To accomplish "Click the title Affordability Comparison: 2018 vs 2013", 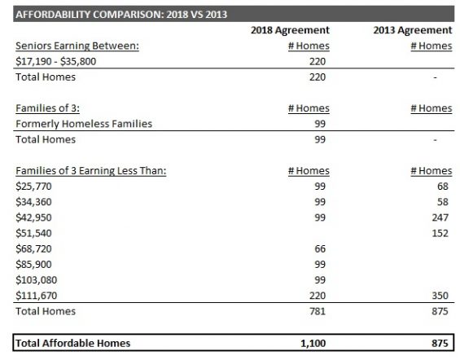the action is click(121, 15).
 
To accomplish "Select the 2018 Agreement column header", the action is click(290, 30).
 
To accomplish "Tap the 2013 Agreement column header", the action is click(413, 30).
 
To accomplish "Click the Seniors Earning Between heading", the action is click(77, 46).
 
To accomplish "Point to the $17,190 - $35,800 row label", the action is click(55, 62).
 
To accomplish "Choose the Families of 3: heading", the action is click(47, 108).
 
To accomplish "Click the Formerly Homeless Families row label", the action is click(84, 124).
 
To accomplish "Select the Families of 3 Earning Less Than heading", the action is click(91, 171).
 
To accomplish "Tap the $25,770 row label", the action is click(33, 187).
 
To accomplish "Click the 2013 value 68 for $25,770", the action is click(443, 187).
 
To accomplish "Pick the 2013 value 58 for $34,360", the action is click(443, 202).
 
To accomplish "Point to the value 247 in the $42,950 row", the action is click(440, 217).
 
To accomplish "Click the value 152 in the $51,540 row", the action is click(440, 233).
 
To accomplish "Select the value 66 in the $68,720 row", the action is click(320, 248).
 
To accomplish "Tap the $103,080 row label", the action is click(36, 280).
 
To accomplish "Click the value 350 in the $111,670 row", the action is click(440, 296).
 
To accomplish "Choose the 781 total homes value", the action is click(318, 311).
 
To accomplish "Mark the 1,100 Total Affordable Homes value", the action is click(313, 343).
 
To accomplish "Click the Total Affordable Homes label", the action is click(72, 343).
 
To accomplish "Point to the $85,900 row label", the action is click(33, 265).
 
